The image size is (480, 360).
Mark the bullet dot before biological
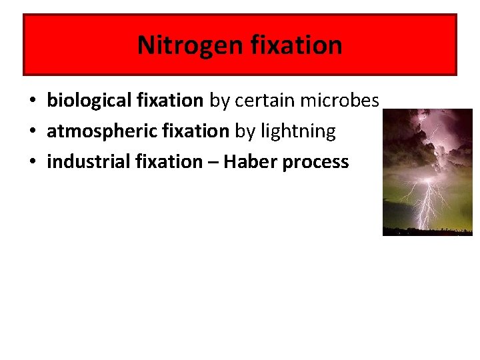tap(32, 101)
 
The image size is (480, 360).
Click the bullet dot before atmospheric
tap(32, 132)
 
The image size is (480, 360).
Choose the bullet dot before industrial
tap(32, 163)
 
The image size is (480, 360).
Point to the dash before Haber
tap(213, 163)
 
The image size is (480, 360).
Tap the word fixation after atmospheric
tap(198, 131)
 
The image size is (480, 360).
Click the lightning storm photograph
tap(427, 172)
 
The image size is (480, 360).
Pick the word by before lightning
tap(245, 131)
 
